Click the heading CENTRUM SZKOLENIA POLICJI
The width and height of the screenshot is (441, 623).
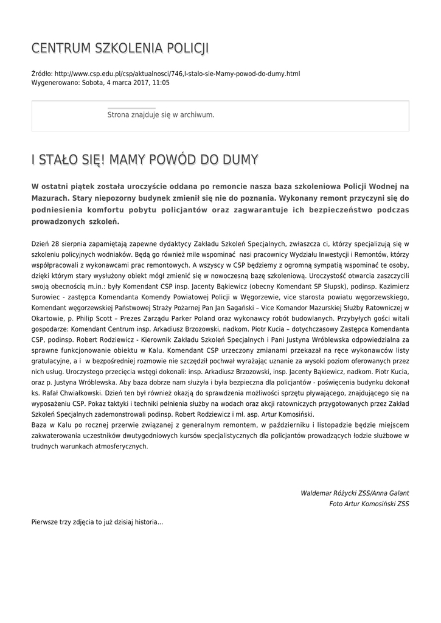120,48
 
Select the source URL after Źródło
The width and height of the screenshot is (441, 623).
177,74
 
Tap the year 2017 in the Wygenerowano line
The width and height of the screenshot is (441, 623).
135,82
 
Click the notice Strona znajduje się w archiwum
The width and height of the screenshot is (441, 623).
161,114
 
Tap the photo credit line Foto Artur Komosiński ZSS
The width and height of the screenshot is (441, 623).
369,504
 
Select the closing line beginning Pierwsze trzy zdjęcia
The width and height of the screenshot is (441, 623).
97,522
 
